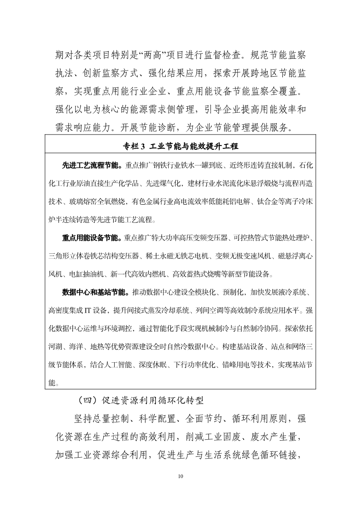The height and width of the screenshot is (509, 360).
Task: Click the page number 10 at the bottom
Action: [x=180, y=476]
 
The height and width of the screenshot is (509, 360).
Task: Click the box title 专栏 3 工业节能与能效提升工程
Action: [x=180, y=146]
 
